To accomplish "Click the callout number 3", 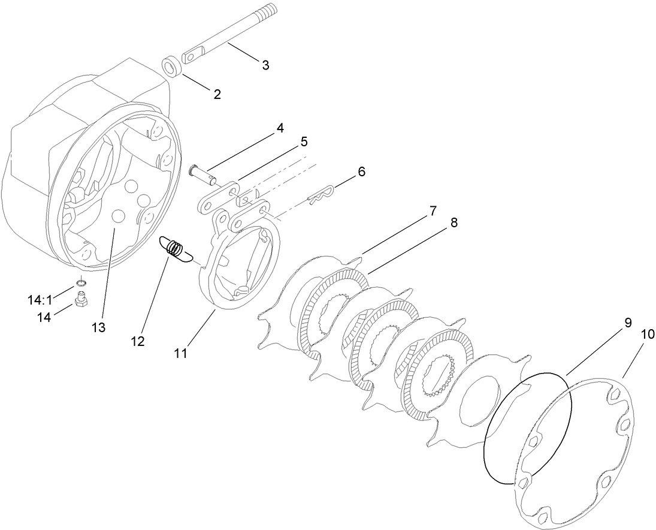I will pyautogui.click(x=265, y=65).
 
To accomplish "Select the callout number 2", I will pyautogui.click(x=217, y=94).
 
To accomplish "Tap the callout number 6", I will pyautogui.click(x=361, y=171).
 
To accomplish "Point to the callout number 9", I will pyautogui.click(x=627, y=323).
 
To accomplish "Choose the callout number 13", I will pyautogui.click(x=98, y=327).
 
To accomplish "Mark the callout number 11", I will pyautogui.click(x=180, y=353).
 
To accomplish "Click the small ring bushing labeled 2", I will pyautogui.click(x=171, y=66).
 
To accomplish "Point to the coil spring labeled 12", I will pyautogui.click(x=174, y=248).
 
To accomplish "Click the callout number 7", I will pyautogui.click(x=432, y=211).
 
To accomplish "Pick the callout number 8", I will pyautogui.click(x=454, y=223).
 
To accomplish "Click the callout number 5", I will pyautogui.click(x=304, y=142).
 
